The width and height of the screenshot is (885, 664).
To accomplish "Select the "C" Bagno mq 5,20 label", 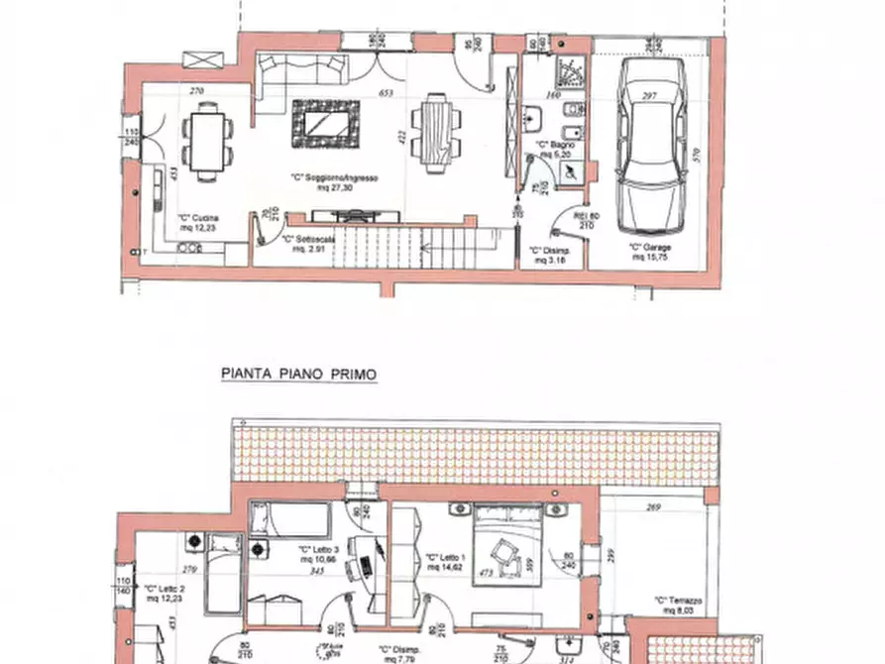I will coord(555,151).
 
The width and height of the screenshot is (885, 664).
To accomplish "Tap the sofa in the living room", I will coord(302,70).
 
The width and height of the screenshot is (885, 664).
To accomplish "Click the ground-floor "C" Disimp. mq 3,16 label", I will coord(548,255).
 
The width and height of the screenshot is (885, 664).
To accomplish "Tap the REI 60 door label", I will coord(587,219).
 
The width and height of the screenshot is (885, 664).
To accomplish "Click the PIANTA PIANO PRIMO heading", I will coord(297,376).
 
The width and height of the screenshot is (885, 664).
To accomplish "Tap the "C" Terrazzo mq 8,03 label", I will coord(678,605).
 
